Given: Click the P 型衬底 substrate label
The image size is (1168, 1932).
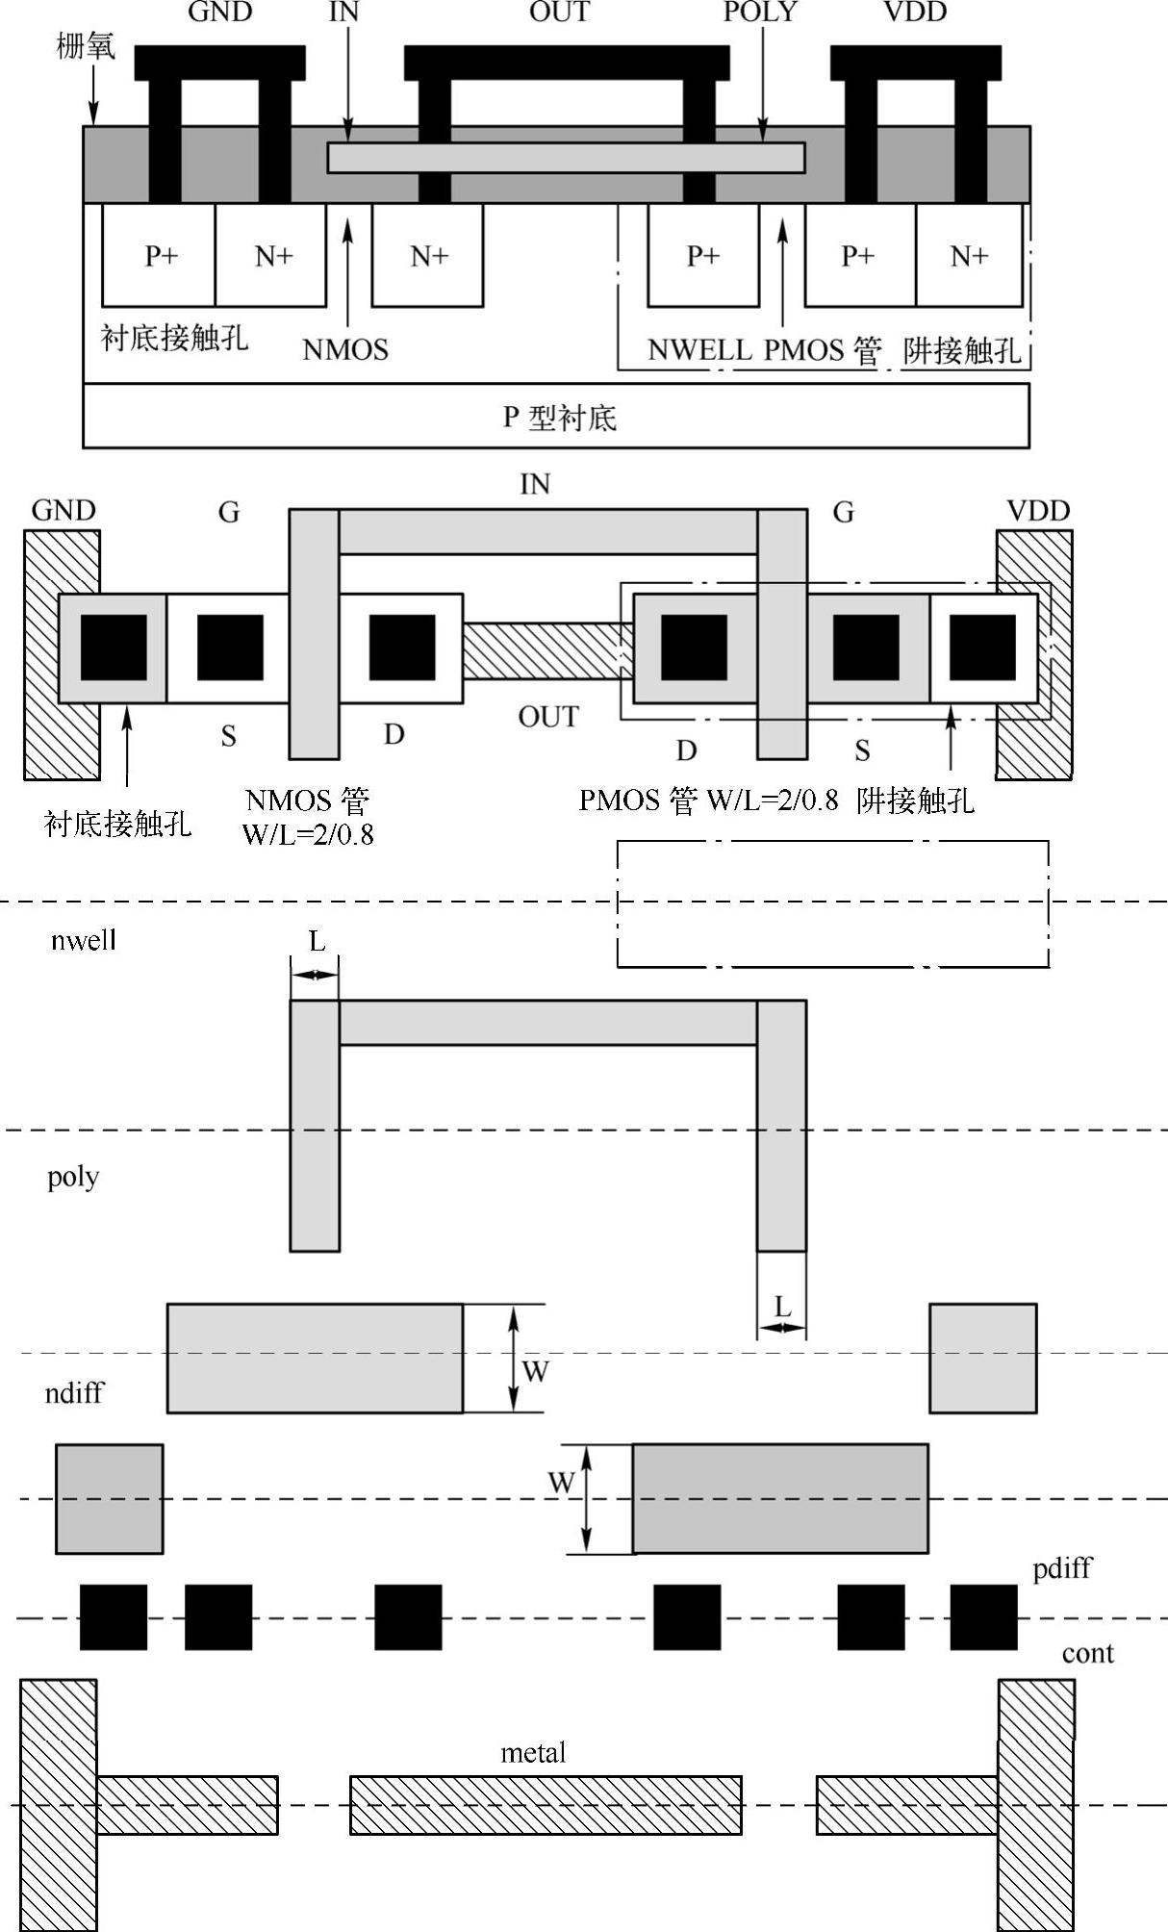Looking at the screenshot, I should tap(559, 418).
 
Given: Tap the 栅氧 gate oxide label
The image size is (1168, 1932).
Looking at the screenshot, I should tap(86, 45).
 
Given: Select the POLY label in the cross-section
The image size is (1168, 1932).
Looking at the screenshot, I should tap(760, 13).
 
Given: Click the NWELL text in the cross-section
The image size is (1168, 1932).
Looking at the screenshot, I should tap(699, 349).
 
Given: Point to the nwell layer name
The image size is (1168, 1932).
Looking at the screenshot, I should tap(84, 940).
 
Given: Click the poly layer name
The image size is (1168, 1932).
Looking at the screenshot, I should tap(73, 1177).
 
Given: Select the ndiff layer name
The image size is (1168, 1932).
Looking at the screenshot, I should tap(74, 1392).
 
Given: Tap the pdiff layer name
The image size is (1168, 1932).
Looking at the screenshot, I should tap(1062, 1567).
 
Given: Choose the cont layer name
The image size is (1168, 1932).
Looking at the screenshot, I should tap(1087, 1653).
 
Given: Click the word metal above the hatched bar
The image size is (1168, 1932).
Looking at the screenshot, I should tap(533, 1752).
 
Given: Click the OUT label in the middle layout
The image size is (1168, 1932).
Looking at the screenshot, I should tap(548, 717).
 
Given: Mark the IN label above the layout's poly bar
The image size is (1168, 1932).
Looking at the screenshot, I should tap(535, 484).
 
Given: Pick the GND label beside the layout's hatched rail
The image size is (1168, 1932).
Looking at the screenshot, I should tap(63, 510).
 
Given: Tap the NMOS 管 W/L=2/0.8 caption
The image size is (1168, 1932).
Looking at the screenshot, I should tap(308, 817).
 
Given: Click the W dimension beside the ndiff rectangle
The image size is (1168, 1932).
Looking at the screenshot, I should tap(535, 1371).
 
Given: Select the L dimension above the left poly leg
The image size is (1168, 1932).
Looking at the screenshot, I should tap(317, 941).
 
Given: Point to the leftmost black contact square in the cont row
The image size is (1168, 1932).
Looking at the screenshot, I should tap(114, 1617).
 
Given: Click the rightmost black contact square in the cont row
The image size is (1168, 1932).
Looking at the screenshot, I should tap(983, 1617).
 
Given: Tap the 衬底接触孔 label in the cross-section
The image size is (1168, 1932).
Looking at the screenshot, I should tap(174, 338).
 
